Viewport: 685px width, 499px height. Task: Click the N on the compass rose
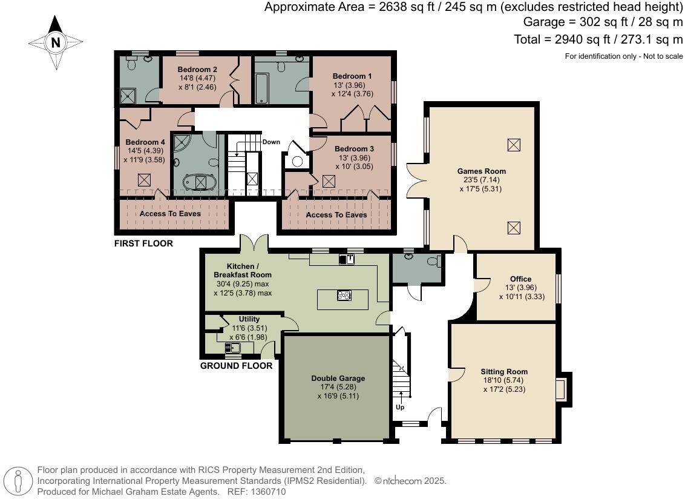56,43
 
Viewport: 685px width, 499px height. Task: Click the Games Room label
481,171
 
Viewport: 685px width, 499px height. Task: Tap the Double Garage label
338,378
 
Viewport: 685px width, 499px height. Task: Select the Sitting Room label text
504,372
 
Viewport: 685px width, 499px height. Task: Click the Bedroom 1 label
352,76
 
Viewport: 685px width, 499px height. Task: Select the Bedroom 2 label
197,70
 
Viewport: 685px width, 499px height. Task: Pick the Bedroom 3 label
354,149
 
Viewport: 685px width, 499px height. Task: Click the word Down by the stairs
271,142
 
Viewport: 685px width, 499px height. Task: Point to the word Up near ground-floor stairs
400,408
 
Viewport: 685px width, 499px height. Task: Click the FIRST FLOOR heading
143,243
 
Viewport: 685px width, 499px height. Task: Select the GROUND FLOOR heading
236,366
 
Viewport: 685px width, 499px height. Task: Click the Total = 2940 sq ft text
597,39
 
